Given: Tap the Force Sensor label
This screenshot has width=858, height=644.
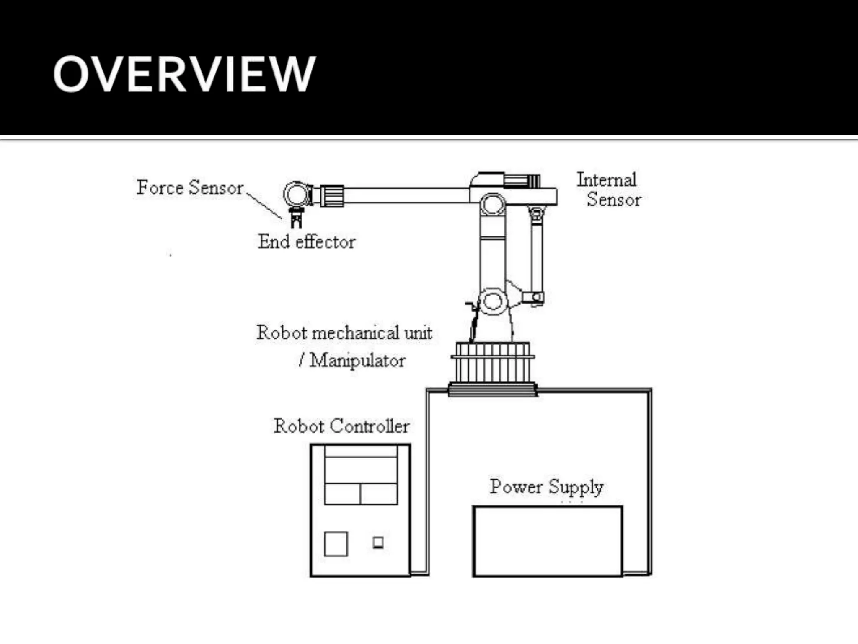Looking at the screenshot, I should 190,187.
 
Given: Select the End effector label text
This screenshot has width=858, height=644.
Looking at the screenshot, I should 306,242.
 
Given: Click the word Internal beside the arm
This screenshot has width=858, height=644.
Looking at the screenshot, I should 606,180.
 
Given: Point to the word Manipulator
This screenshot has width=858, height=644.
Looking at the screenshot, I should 357,361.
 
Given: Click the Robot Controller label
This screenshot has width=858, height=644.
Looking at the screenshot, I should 341,426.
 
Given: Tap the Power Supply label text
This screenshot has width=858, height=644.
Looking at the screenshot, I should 546,487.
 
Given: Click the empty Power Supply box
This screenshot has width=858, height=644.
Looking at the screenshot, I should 547,541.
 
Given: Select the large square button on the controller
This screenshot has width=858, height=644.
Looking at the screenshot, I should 336,544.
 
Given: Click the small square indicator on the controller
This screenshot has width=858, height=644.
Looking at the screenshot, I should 378,543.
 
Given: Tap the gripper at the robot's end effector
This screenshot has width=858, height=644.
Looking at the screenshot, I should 296,217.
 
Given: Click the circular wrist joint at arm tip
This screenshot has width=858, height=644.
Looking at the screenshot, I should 297,194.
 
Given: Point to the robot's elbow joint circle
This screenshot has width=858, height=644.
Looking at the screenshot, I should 493,205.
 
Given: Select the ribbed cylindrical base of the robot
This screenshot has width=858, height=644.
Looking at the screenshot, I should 492,363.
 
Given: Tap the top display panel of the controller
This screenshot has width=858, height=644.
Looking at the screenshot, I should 361,470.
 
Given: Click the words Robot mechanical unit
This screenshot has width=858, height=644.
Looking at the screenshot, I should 344,333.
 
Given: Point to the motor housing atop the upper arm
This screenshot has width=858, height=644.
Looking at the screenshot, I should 505,179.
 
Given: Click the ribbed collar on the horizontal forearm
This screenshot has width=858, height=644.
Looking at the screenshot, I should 332,196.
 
